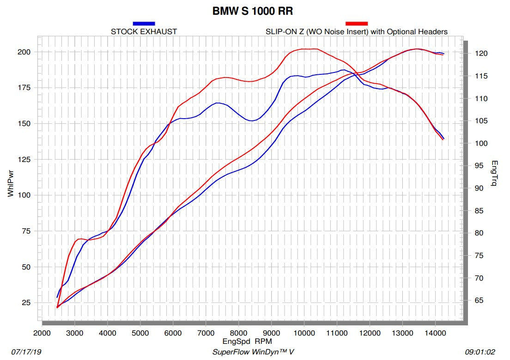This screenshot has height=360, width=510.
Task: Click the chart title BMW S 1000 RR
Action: point(252,11)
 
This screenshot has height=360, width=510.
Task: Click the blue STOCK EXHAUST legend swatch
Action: point(144,23)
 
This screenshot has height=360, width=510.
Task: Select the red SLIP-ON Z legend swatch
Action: point(357,23)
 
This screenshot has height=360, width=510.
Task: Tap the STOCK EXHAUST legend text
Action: point(144,32)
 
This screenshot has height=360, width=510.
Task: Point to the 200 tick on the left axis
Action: point(24,52)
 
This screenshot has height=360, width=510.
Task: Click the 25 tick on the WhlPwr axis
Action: point(26,303)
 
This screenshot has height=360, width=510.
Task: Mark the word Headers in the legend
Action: point(435,32)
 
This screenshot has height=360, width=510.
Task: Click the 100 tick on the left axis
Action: point(24,195)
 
